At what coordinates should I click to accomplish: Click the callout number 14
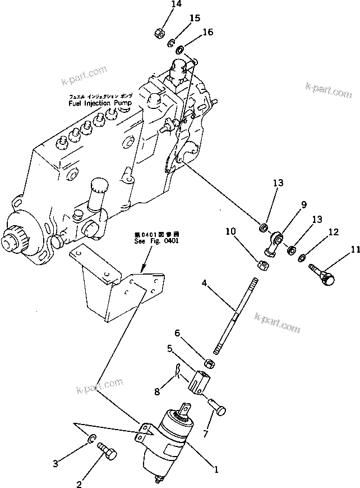pos(161,4)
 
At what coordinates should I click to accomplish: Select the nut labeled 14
pos(159,33)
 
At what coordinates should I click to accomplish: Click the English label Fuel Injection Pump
pos(100,104)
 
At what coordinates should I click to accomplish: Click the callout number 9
pos(304,204)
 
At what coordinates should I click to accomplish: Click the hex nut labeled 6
pos(206,363)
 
